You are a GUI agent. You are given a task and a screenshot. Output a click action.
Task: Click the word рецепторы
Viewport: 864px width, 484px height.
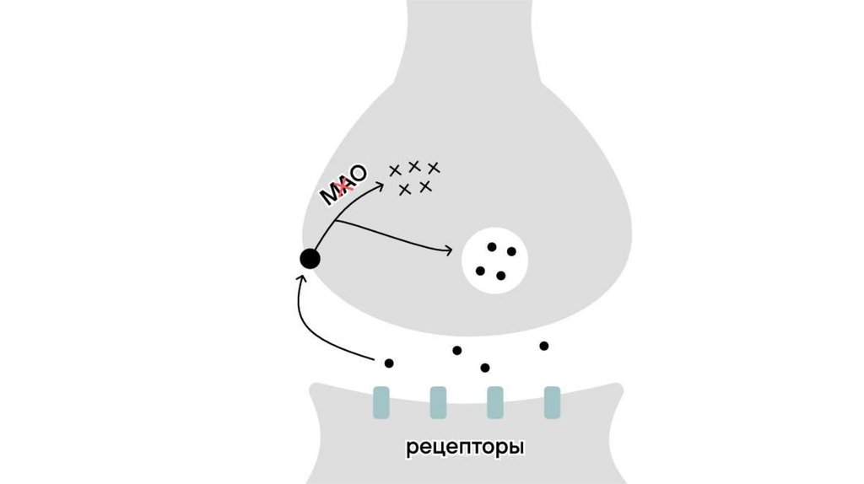466,446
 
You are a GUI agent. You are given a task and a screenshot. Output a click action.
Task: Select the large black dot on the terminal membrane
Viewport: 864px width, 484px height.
310,259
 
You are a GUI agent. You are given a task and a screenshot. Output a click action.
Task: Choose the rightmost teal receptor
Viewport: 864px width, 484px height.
552,402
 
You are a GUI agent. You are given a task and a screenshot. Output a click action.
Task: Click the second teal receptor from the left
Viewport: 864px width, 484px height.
438,402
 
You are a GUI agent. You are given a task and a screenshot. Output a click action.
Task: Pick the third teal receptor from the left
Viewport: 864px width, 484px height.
495,402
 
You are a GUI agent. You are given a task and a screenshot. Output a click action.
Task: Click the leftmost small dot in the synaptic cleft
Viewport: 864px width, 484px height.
389,363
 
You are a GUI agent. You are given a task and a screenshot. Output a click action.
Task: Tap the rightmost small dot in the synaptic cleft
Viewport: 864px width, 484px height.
544,346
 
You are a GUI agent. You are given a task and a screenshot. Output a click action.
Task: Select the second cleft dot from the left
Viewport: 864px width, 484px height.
457,350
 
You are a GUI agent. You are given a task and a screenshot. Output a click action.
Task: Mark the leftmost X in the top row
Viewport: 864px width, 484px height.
395,170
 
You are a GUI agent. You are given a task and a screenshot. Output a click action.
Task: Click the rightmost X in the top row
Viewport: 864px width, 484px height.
434,167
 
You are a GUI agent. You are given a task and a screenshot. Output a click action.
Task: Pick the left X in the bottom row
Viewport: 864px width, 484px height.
405,189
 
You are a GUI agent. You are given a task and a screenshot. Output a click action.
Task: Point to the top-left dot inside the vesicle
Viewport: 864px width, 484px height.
491,247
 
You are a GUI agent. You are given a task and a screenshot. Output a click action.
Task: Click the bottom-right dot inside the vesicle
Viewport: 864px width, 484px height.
500,276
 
